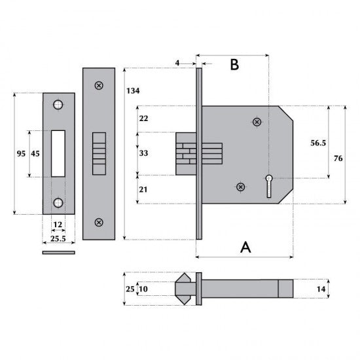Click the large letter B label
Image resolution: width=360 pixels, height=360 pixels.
234,64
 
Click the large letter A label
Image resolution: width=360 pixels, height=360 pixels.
245,247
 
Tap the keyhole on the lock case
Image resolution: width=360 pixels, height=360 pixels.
269,186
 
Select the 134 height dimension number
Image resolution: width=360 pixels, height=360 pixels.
133,91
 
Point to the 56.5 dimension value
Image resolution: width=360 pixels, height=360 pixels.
318,143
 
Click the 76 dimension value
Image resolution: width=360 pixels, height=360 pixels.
338,158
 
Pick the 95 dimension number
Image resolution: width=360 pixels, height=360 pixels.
21,154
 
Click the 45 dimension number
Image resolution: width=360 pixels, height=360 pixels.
35,154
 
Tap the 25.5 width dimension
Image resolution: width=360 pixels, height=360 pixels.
58,238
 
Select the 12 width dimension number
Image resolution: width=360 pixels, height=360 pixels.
58,225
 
